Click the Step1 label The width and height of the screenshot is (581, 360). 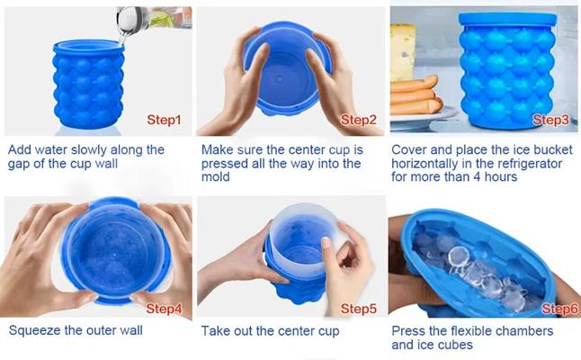pos(164,120)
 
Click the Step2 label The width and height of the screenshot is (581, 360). pos(357,120)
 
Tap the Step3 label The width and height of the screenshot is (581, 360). pos(551,120)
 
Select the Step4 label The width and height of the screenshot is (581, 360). pos(165,309)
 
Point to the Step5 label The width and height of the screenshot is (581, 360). pos(358,309)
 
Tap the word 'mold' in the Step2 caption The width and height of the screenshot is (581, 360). pos(216,177)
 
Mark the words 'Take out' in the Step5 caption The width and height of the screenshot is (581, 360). pos(227,331)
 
